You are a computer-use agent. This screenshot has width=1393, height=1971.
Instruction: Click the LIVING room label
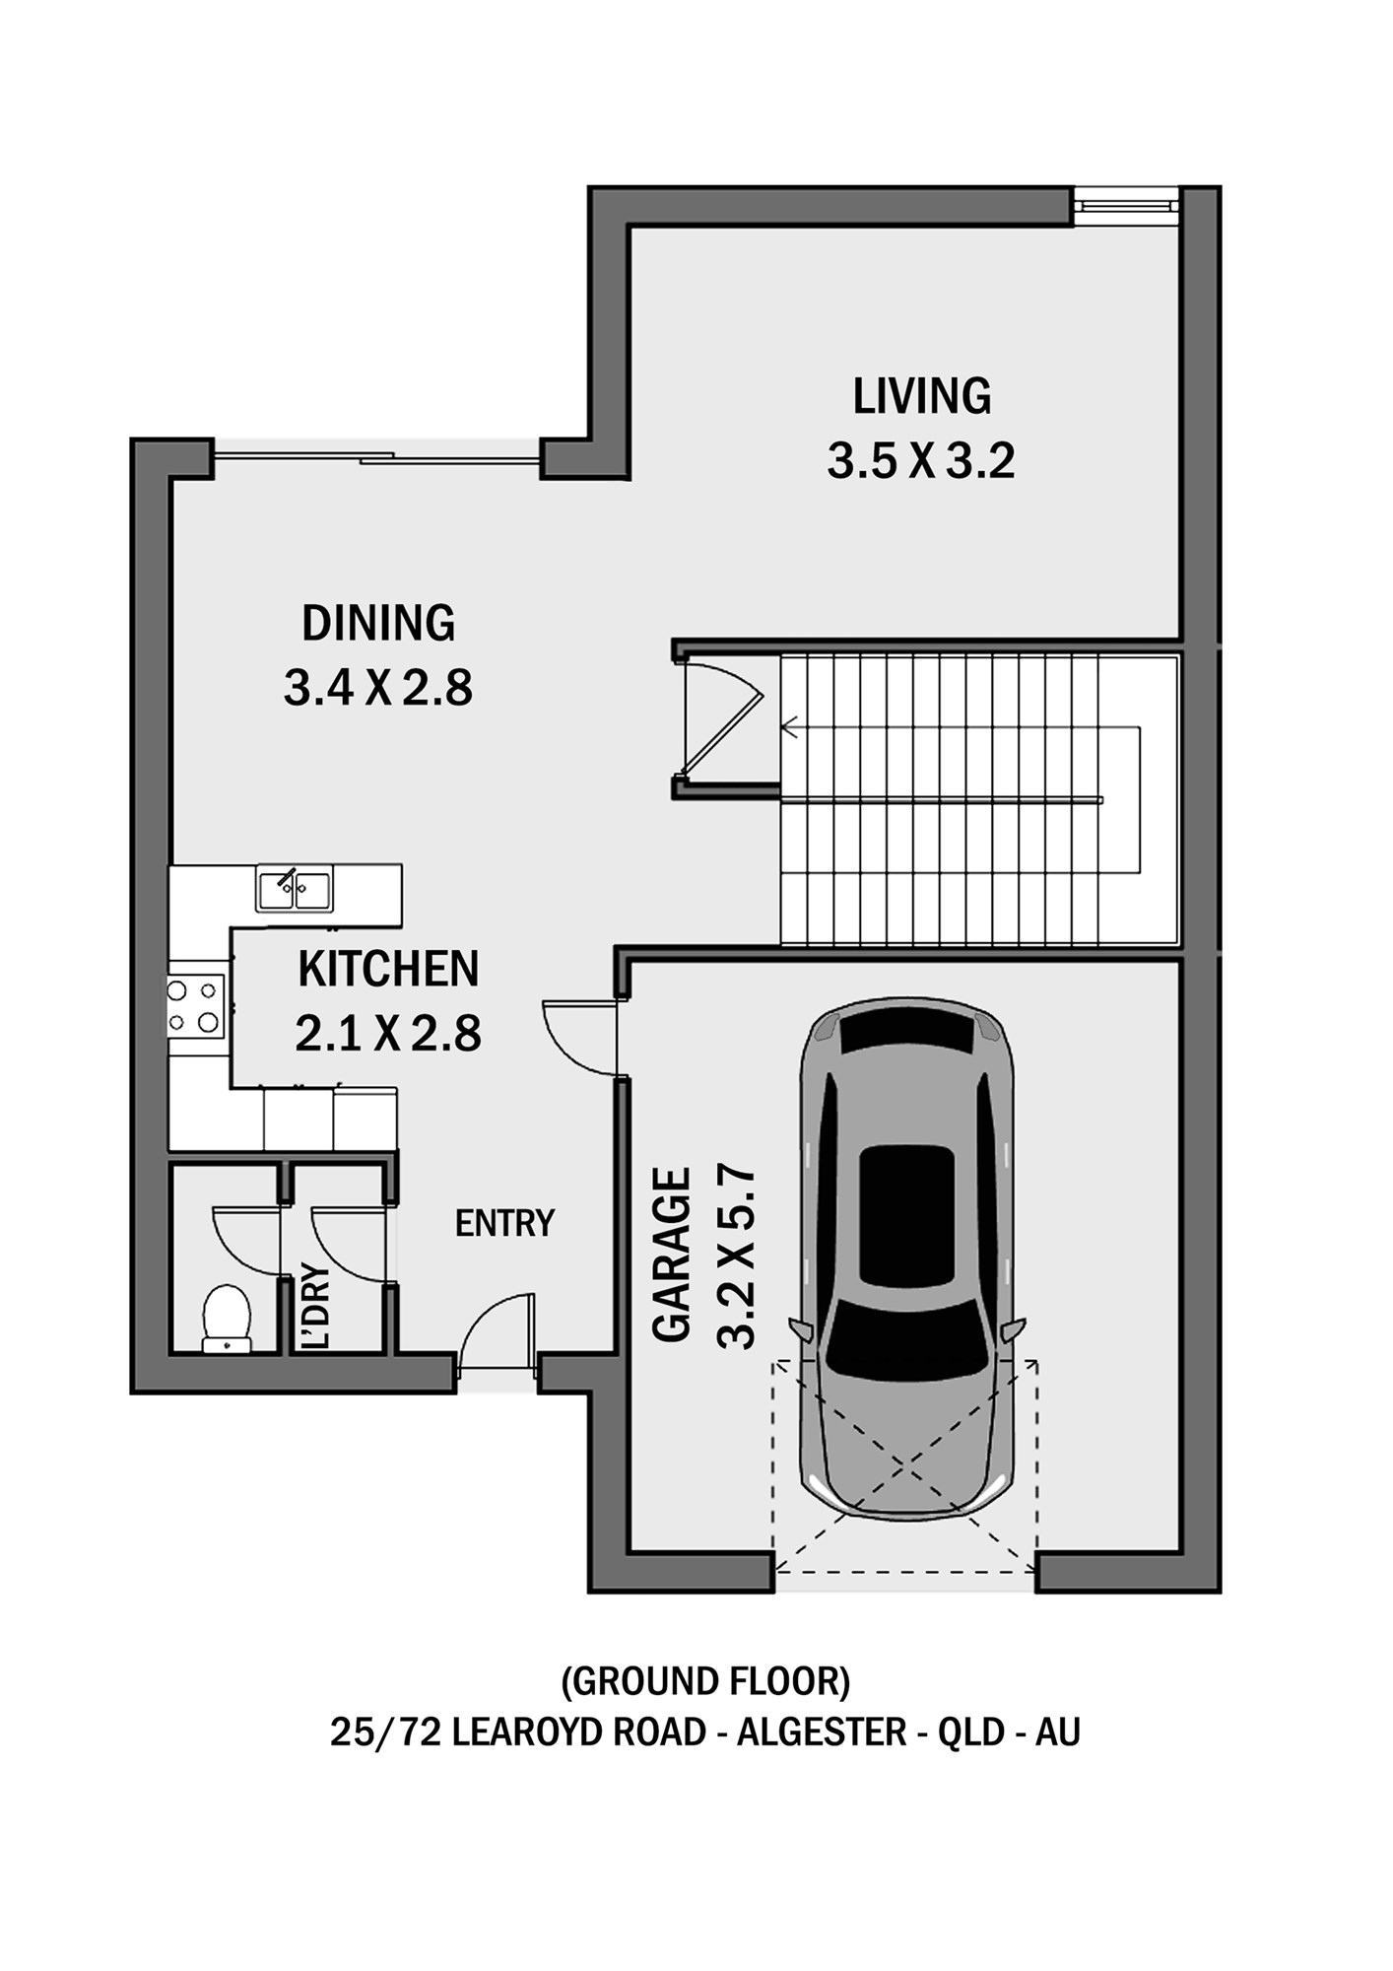[x=921, y=396]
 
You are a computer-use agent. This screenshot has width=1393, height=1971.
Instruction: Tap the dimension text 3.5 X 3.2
[x=921, y=461]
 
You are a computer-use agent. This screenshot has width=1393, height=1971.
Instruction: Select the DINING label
[x=378, y=623]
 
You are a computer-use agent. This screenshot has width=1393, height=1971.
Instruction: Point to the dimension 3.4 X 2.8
[x=378, y=687]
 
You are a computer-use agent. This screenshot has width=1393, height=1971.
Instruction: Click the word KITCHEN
[x=388, y=969]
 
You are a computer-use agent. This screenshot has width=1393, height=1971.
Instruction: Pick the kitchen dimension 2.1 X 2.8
[x=388, y=1034]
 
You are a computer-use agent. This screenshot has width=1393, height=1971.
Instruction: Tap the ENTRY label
[x=504, y=1223]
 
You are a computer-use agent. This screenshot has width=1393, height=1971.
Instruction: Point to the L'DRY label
[x=315, y=1306]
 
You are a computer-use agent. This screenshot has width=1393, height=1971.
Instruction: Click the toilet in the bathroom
[x=227, y=1318]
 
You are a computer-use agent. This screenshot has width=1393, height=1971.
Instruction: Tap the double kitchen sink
[x=295, y=889]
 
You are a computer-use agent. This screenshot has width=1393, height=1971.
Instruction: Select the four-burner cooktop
[x=195, y=1006]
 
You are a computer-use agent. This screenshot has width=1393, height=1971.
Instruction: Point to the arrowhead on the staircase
[x=788, y=728]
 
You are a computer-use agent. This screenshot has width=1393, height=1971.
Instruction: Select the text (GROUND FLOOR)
[x=705, y=1680]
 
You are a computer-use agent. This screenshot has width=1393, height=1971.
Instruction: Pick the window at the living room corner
[x=1126, y=206]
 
